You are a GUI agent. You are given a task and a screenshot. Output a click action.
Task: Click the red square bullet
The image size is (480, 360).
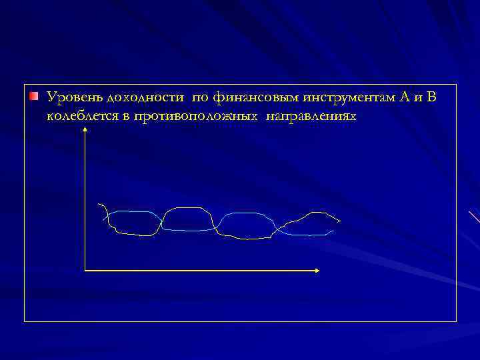pos(33,98)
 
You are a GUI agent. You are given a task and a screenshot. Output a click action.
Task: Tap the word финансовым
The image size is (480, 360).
pos(255,99)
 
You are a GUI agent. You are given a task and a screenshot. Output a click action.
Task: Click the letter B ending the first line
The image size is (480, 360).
pos(431,98)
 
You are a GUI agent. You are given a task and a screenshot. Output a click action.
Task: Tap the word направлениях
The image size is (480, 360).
pos(311,116)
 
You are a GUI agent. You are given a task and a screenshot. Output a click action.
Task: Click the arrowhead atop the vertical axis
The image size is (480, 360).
pos(85,131)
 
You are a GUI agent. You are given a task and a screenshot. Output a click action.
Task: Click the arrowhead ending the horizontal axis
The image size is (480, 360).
pos(317,270)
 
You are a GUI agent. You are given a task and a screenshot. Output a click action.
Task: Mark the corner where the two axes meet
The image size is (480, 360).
pos(85,270)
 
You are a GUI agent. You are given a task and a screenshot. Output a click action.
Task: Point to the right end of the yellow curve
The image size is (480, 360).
pos(340,221)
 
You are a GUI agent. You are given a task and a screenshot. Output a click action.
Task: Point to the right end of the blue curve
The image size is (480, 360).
pos(333,231)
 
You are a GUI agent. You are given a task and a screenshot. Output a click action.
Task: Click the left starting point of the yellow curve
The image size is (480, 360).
pos(98,203)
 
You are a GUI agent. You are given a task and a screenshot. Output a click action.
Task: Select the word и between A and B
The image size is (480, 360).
pos(419,99)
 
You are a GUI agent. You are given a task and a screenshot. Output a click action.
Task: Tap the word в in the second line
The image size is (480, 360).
pos(124,117)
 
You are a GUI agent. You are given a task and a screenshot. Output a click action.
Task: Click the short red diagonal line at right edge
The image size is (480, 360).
pos(474,217)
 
